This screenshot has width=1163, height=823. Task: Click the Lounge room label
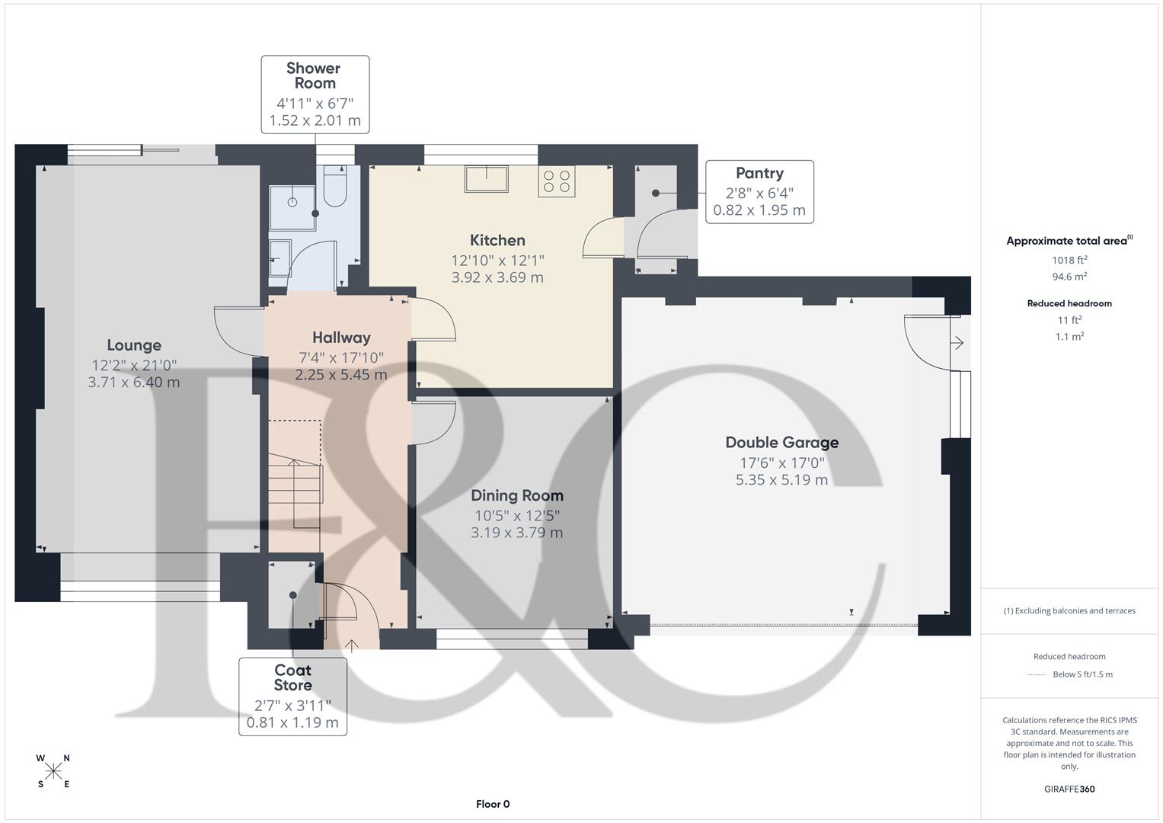point(134,345)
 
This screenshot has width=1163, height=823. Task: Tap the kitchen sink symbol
point(486,179)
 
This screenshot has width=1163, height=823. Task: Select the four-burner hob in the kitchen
point(556,181)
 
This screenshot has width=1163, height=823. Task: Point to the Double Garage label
point(781,443)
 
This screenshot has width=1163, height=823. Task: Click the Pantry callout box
point(759,192)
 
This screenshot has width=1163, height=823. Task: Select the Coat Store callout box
point(292,697)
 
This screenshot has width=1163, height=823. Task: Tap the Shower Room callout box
point(315,94)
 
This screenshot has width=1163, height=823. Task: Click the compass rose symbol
point(53,771)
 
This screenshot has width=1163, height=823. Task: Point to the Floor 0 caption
point(493,804)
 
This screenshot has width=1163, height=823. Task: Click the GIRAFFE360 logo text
point(1069,789)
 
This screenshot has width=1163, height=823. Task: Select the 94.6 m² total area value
point(1069,277)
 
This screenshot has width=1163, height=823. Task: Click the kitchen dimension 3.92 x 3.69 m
point(497,277)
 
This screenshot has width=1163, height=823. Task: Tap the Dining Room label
point(517,496)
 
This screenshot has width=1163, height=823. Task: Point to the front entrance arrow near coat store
point(351,646)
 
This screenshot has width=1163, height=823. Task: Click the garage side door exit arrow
point(957,344)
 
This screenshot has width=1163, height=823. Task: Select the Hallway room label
point(341,338)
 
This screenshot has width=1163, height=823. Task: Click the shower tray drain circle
point(292,202)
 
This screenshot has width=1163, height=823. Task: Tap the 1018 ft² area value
point(1069,260)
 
